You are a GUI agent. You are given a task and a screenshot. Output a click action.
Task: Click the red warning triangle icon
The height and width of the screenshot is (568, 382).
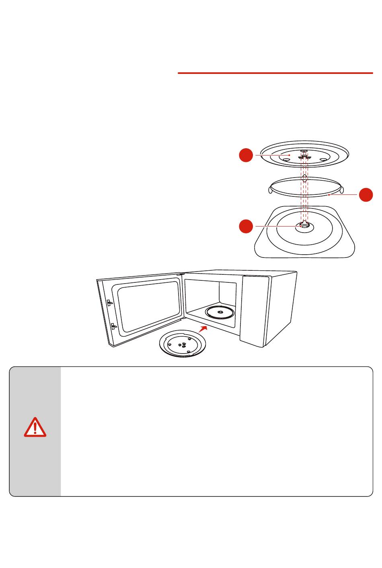point(35,427)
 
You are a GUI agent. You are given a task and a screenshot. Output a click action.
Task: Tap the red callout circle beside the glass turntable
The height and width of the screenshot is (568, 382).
point(246,155)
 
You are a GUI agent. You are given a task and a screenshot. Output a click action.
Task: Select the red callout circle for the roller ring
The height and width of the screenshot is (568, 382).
point(366,194)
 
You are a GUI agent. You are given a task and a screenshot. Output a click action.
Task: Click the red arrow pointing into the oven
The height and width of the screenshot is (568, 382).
point(203,329)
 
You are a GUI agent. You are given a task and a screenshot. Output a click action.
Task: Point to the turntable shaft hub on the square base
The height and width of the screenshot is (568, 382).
point(304,227)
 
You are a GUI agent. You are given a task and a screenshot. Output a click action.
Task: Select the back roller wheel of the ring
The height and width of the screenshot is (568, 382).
point(305,177)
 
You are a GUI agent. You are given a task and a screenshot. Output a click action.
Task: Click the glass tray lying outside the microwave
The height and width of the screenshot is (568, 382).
point(183,345)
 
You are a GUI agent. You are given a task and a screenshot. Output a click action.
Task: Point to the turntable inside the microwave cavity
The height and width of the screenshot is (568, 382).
point(220,312)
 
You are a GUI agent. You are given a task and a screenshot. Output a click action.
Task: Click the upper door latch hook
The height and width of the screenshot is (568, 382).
point(109,302)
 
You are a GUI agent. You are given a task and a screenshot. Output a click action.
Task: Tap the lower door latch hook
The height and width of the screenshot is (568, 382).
point(113,326)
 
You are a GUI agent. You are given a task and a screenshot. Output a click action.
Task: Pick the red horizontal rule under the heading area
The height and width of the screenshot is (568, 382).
point(275,74)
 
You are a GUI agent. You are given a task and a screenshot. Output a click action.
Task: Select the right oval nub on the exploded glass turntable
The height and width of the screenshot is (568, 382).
point(322,159)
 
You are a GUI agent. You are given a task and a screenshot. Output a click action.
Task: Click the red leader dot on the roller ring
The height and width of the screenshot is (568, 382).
point(329,195)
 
